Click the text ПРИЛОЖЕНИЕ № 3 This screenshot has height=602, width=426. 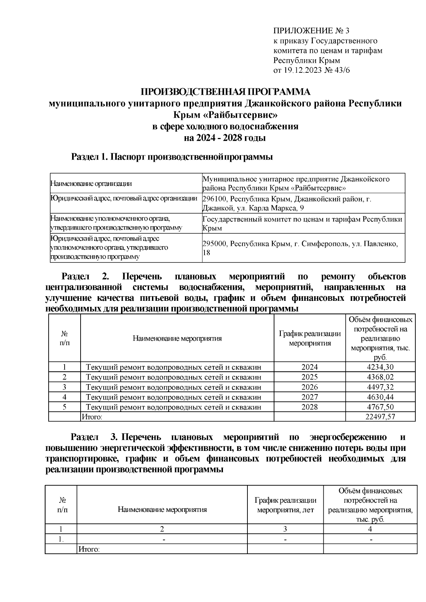coord(311,31)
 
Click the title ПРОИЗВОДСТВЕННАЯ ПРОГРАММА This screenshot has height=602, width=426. coord(226,92)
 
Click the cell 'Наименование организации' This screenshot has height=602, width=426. coord(91,183)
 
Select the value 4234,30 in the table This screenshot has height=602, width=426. coord(380,367)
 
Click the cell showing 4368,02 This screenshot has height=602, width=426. coord(380,377)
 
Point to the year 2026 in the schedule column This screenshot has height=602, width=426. coord(310,387)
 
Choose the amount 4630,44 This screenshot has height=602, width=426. coord(380,397)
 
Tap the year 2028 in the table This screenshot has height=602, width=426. coord(310,407)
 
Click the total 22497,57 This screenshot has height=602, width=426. coord(380,417)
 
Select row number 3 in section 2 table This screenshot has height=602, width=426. coord(64,387)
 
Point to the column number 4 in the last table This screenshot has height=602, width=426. coord(370,529)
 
